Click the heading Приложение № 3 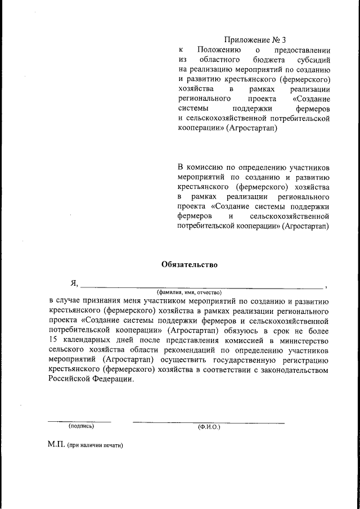(x=255, y=40)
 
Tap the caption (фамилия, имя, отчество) (x=189, y=293)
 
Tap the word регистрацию (x=304, y=360)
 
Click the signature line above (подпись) (x=79, y=421)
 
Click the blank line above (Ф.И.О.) (x=208, y=422)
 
